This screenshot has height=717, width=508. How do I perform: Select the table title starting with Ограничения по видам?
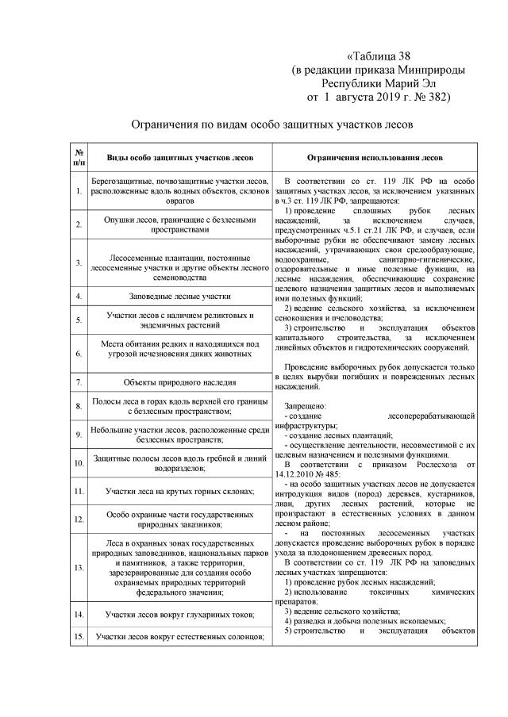[272, 125]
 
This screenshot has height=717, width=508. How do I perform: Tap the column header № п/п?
[79, 152]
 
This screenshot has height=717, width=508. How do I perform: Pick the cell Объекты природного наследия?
[181, 382]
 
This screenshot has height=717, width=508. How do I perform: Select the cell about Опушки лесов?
[180, 224]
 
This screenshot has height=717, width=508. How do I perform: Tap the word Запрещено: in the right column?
[305, 404]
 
